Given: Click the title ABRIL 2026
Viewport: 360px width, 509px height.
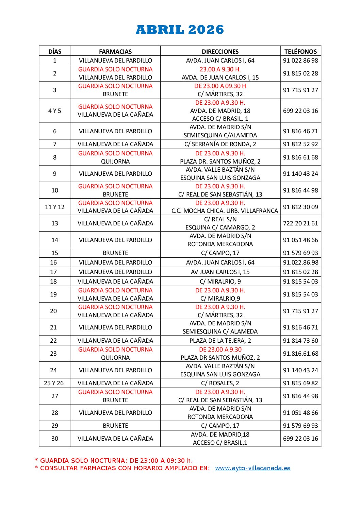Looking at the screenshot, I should point(180,30).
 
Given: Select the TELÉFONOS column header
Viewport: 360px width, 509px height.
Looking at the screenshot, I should point(300,52).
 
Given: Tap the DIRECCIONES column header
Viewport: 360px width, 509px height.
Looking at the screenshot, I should point(220,52).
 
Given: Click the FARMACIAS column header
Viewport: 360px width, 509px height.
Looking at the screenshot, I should point(115,52).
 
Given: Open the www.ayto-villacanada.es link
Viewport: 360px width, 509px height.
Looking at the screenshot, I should point(252,468).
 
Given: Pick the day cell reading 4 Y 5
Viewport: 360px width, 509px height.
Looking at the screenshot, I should point(55,111).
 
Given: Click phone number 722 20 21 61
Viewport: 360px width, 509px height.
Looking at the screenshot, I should point(300,223).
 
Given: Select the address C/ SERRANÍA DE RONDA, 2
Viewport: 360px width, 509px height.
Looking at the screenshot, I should point(220,144).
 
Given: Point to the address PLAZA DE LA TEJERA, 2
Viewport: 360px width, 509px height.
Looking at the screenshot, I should point(220,341).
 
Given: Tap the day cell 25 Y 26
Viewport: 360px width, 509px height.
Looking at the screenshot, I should point(54,383).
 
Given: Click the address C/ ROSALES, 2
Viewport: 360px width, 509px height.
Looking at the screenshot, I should point(220,383).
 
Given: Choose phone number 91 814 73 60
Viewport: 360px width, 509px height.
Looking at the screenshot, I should point(300,341).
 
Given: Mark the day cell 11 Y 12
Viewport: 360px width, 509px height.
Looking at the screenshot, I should point(55,207).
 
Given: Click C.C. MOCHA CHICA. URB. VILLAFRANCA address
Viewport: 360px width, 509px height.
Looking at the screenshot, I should point(225,211).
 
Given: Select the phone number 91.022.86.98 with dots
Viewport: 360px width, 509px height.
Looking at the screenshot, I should point(300,262).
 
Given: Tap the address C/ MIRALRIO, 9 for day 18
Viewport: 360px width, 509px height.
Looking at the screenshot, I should point(220,282).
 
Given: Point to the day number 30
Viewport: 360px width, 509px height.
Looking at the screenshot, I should point(55,439).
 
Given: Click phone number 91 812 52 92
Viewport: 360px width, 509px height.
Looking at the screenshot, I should point(300,144).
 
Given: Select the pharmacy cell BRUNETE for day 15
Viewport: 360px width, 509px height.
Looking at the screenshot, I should point(115,253).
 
